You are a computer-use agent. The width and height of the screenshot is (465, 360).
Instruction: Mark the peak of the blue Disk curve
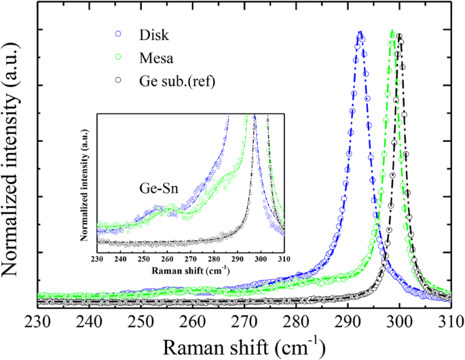[360, 32]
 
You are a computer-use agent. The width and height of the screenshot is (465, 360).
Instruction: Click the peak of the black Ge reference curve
[400, 35]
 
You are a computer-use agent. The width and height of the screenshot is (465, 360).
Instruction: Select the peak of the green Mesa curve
[393, 31]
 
